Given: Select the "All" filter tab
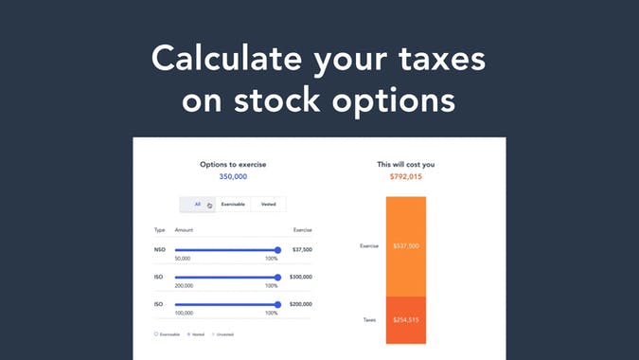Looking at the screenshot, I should tap(197, 204).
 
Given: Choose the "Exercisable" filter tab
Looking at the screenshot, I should tap(233, 204).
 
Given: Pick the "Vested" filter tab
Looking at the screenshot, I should tap(269, 204).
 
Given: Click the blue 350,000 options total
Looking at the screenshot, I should tap(233, 176).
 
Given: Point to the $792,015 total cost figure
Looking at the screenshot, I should tap(405, 176).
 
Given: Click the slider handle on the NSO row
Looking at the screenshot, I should tap(277, 250).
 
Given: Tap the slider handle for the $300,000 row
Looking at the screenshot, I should tap(277, 278).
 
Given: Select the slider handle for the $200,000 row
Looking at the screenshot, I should tap(277, 305).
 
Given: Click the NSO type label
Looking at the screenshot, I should tap(159, 250).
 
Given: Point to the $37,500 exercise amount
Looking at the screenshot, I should tap(302, 250).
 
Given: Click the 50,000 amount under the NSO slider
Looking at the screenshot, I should tap(183, 259).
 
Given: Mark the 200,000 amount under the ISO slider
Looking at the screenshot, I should tap(184, 286).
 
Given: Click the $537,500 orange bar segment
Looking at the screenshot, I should tap(405, 246).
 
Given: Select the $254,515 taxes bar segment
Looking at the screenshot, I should tap(405, 320).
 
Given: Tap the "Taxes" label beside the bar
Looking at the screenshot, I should tap(369, 320).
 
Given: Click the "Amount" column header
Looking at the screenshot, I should tap(184, 230).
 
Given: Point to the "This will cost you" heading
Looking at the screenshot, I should tap(405, 164).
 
